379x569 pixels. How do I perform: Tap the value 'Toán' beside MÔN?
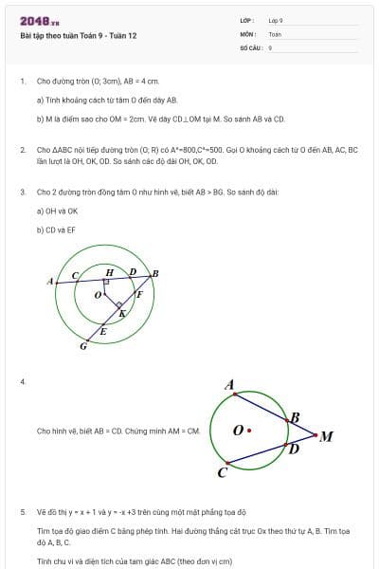point(276,34)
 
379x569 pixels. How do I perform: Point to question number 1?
point(22,82)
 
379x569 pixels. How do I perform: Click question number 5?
point(22,511)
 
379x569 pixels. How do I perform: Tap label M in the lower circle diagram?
point(326,437)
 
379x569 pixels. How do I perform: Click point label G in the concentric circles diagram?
point(83,346)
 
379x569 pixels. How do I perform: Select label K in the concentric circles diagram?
point(121,312)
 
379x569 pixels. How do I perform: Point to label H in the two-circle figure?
point(109,272)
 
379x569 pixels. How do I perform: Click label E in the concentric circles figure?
point(103,331)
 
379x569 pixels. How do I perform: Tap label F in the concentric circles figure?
point(139,294)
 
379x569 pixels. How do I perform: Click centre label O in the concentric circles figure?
point(98,296)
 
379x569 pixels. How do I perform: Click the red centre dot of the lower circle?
point(248,430)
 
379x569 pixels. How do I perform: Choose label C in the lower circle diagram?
point(222,471)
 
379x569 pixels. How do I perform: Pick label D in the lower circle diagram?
point(293,449)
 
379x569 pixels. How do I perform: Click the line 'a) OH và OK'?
point(57,211)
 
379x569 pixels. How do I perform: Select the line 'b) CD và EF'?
point(56,229)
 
